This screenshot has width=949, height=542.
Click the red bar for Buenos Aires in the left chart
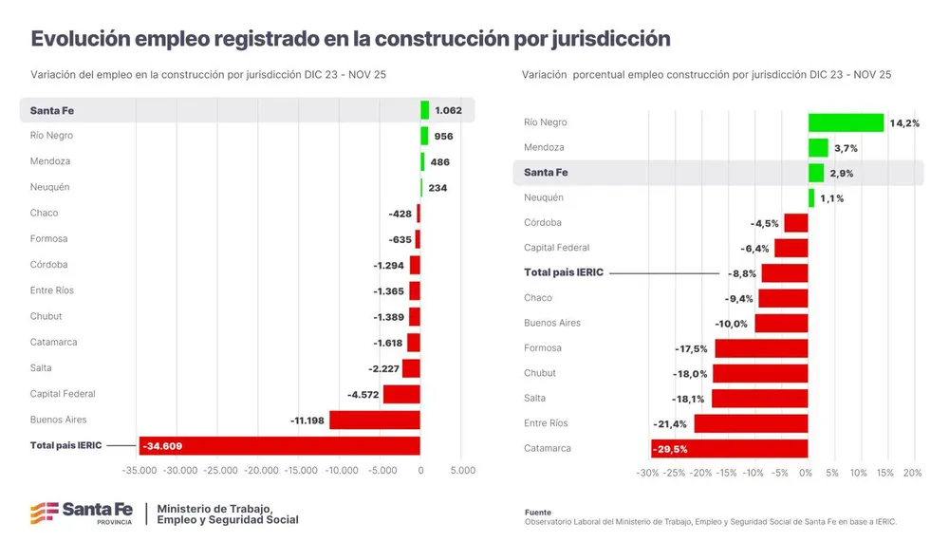tap(374, 420)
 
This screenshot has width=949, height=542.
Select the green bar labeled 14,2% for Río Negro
tap(846, 122)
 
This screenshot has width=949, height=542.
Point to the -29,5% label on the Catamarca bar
tap(669, 449)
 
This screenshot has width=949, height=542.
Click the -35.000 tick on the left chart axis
tap(140, 470)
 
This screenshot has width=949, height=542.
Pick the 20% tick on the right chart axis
tap(912, 473)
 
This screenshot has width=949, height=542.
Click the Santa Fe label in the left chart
tap(52, 110)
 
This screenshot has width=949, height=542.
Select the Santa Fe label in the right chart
tap(546, 173)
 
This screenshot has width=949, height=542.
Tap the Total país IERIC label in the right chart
tap(564, 272)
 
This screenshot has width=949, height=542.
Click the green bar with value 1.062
tap(425, 110)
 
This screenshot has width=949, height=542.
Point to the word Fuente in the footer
tap(538, 512)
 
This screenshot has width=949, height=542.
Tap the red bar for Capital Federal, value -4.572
tap(400, 394)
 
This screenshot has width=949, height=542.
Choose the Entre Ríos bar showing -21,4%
tap(751, 423)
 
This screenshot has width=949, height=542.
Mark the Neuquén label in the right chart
tap(544, 197)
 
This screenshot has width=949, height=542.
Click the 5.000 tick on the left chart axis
tap(461, 470)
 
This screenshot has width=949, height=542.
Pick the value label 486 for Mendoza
tap(439, 161)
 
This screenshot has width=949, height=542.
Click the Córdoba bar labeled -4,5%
tap(795, 223)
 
